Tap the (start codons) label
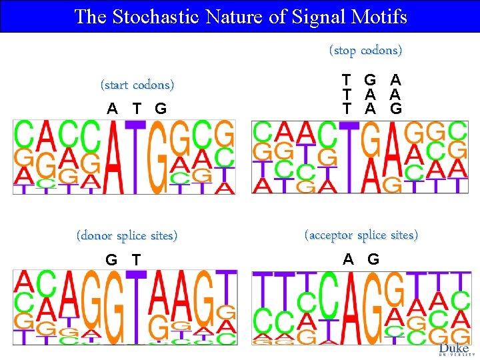tap(137, 85)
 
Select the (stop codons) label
tap(365, 51)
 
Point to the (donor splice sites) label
tap(127, 236)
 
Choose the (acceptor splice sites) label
tap(361, 235)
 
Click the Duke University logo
tap(456, 350)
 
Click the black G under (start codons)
tap(161, 109)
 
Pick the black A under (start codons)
tap(113, 109)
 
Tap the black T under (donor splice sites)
tap(137, 259)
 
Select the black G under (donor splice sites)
tap(111, 259)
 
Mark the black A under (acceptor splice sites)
tap(349, 259)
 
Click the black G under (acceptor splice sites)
tap(373, 259)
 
